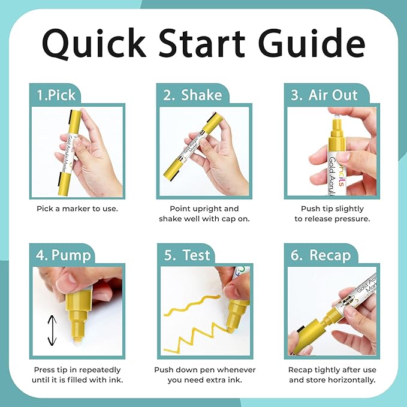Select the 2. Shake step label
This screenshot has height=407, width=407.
tap(188, 95)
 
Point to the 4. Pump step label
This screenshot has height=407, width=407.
tap(62, 255)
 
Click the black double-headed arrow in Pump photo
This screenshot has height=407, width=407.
tap(52, 330)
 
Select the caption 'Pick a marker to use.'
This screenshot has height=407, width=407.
tap(77, 209)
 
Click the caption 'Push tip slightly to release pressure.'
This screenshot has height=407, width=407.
tap(331, 213)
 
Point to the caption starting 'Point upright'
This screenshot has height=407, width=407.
tap(204, 213)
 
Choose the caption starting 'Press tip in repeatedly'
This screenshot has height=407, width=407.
tap(77, 375)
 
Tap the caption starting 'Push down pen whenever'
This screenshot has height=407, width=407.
tap(204, 375)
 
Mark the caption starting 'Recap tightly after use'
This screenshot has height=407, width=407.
tap(331, 375)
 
